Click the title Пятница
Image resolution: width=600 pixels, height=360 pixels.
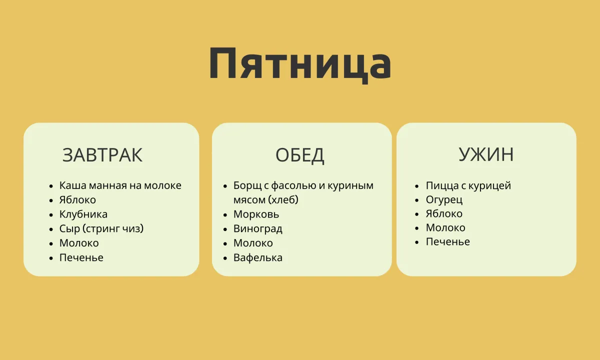pyautogui.click(x=300, y=64)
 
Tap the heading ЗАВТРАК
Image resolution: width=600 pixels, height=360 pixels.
pyautogui.click(x=102, y=155)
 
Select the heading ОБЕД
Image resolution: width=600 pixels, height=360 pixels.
pyautogui.click(x=299, y=155)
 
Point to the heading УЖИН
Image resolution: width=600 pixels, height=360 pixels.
pyautogui.click(x=486, y=154)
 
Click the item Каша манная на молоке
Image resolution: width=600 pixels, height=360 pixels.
pyautogui.click(x=120, y=185)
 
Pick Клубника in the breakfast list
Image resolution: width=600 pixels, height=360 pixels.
pyautogui.click(x=83, y=214)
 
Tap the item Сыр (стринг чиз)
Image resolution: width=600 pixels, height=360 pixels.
pyautogui.click(x=101, y=228)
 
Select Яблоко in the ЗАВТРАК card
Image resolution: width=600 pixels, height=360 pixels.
pyautogui.click(x=77, y=200)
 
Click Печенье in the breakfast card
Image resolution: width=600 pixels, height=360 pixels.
pyautogui.click(x=81, y=257)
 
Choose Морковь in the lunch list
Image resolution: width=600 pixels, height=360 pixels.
pyautogui.click(x=256, y=214)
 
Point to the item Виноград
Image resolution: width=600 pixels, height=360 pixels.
pyautogui.click(x=258, y=229)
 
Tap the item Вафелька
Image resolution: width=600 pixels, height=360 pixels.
pyautogui.click(x=258, y=257)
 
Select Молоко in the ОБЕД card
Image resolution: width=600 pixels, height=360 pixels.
pyautogui.click(x=253, y=243)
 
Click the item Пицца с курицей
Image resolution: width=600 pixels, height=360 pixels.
pyautogui.click(x=468, y=185)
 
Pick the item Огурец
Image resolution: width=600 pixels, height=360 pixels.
pyautogui.click(x=444, y=200)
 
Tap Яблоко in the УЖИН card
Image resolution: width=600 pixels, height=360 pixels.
pyautogui.click(x=444, y=214)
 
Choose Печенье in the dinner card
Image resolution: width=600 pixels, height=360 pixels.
pyautogui.click(x=448, y=242)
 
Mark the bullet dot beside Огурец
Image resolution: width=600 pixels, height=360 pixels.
pyautogui.click(x=417, y=200)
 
